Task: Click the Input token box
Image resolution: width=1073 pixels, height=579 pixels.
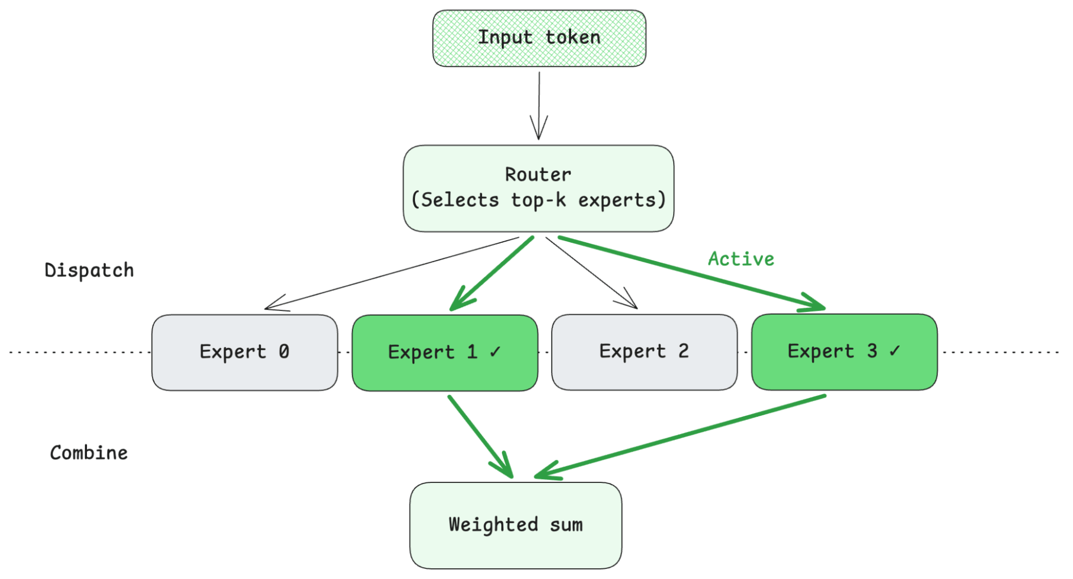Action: (x=539, y=38)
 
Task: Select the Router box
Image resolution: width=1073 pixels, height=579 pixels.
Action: (x=538, y=188)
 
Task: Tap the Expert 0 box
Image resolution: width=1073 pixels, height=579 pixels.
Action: (x=244, y=352)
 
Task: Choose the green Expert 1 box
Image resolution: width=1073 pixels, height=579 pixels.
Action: (x=444, y=353)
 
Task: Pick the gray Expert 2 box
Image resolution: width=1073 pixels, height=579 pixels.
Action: (x=644, y=352)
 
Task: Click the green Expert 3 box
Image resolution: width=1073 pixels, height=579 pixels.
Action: (x=844, y=352)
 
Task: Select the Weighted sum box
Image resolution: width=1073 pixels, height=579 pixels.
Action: (x=515, y=525)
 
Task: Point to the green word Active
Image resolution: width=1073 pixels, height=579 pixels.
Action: (x=741, y=259)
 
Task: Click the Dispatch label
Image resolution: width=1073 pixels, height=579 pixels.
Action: (x=89, y=270)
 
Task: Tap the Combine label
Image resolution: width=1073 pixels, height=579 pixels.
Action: (x=89, y=453)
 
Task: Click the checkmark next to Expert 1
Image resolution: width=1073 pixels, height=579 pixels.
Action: (x=495, y=352)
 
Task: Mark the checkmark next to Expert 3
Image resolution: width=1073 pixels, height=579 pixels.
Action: (x=894, y=351)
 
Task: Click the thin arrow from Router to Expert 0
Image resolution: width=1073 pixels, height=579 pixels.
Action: (x=392, y=273)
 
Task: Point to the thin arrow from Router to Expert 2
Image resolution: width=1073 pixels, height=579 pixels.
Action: (x=590, y=272)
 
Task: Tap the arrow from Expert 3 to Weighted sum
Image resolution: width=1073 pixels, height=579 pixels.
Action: (x=682, y=436)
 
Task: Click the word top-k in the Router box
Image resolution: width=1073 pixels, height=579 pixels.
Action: (x=538, y=200)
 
